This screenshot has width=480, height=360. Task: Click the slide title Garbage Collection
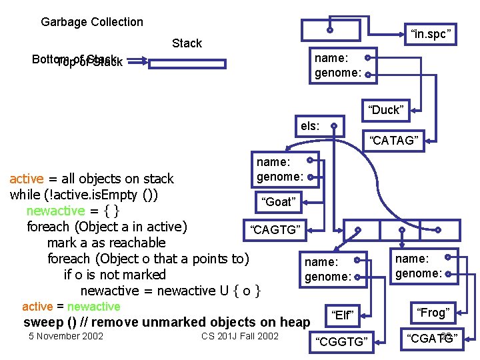click(x=92, y=22)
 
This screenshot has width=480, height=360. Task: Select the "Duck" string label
click(x=386, y=110)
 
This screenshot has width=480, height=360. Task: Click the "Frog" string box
click(x=433, y=313)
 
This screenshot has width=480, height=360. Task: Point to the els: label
click(x=310, y=126)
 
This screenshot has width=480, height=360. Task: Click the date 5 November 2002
click(x=66, y=336)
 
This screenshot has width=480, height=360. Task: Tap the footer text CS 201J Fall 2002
click(x=240, y=336)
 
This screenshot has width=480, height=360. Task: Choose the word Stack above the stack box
click(x=187, y=43)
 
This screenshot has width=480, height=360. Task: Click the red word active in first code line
click(x=26, y=179)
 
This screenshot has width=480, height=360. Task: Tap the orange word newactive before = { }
click(x=55, y=211)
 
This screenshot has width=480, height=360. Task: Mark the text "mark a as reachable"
click(x=106, y=243)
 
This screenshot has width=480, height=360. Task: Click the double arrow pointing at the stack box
click(x=137, y=62)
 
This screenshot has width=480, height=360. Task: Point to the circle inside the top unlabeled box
click(x=329, y=30)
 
